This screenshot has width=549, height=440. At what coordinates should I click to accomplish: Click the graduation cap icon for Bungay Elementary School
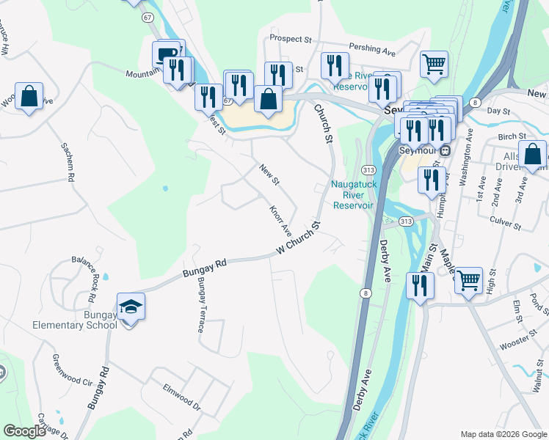coord(131,307)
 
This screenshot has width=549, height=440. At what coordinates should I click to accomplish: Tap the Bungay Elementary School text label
coord(74,320)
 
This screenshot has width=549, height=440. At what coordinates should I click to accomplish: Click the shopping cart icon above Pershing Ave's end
coord(434,64)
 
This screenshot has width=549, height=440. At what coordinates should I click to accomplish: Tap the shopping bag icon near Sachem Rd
coord(29,96)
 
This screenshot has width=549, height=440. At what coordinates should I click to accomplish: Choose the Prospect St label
coord(291,37)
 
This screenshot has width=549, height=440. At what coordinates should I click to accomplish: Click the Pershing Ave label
coord(372,48)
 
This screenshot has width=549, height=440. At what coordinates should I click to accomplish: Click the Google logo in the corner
coord(25,432)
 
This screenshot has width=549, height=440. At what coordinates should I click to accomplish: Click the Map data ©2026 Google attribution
coord(503,434)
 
